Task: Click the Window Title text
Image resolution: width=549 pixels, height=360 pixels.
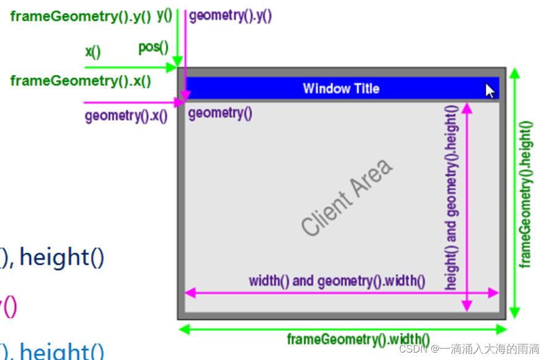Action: tap(341, 89)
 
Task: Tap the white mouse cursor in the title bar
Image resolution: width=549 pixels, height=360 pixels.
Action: tap(490, 91)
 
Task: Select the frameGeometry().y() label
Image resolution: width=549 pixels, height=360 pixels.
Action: tap(81, 17)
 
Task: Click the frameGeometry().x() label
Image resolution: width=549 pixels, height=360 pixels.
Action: tap(81, 81)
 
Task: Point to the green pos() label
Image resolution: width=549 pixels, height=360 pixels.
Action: tap(153, 48)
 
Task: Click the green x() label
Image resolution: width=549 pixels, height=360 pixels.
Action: tap(93, 52)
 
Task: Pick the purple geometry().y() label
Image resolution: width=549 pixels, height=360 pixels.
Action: tap(231, 16)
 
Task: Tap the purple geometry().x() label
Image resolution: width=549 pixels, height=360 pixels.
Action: tap(126, 115)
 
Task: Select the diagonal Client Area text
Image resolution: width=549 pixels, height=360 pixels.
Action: tap(347, 197)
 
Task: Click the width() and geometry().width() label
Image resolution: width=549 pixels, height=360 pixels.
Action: tap(337, 281)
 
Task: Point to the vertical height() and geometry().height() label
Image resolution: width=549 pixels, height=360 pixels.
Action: tap(452, 197)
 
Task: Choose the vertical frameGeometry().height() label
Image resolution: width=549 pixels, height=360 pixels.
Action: tap(527, 193)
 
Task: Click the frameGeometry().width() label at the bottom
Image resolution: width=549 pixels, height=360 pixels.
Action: tap(358, 339)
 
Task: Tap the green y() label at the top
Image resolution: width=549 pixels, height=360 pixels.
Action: tap(164, 14)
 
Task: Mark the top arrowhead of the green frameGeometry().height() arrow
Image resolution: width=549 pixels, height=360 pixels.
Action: tap(514, 73)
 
